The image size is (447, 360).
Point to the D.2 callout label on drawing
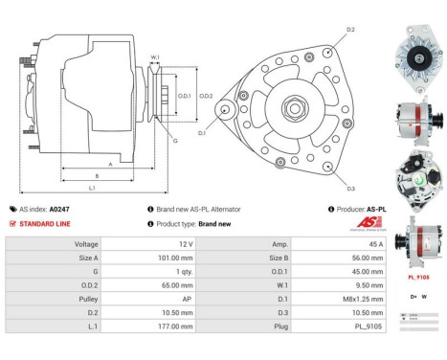[350, 31]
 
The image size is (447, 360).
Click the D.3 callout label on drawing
[350, 189]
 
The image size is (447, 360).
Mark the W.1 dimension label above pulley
[155, 57]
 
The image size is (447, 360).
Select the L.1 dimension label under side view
[92, 188]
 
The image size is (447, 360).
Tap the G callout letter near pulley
[174, 141]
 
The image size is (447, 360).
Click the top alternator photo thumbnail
[418, 49]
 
